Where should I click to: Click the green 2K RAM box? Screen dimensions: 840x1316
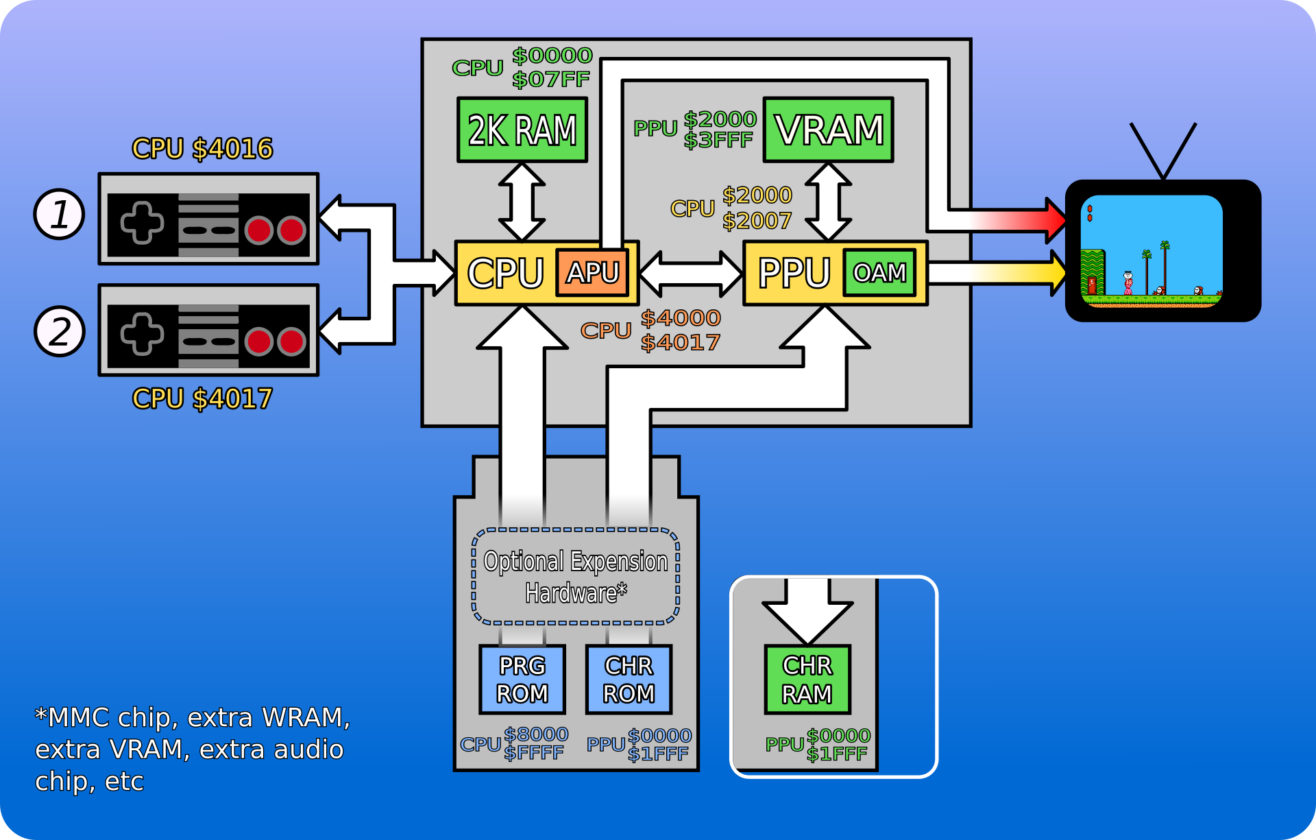[x=522, y=130]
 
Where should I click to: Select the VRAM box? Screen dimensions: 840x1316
[x=828, y=130]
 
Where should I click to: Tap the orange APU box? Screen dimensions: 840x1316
[x=592, y=272]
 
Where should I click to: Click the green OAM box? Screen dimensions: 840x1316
[x=879, y=273]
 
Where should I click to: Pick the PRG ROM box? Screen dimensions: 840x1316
[x=522, y=679]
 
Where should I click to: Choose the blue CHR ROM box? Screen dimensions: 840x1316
[x=629, y=679]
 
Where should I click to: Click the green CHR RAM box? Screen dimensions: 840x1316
[x=807, y=679]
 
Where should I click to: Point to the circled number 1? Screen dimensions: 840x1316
[x=60, y=214]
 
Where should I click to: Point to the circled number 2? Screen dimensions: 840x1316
[x=60, y=331]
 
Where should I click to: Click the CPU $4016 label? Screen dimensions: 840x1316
[x=202, y=149]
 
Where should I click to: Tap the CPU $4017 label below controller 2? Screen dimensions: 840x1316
[x=202, y=398]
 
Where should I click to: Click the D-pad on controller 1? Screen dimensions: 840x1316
[x=142, y=223]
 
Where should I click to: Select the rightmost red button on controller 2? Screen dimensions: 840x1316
[x=292, y=341]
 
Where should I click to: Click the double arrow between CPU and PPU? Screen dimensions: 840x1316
[x=691, y=274]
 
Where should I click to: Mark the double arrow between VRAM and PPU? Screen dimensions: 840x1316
[x=828, y=202]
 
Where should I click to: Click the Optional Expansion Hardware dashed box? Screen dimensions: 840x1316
[x=576, y=576]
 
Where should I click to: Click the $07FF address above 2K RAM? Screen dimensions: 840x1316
[x=550, y=80]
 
